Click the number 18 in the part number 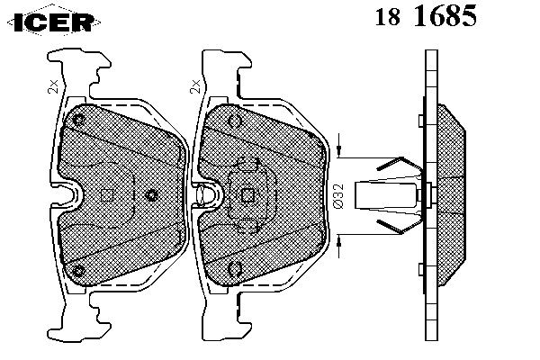pos(387,16)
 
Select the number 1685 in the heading pos(445,15)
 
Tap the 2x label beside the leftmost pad pos(53,86)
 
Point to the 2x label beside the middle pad pos(195,86)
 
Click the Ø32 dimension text pos(339,196)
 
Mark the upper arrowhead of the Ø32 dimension pos(339,149)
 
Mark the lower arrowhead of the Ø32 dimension pos(339,242)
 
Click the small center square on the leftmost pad pos(107,195)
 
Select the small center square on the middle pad pos(247,195)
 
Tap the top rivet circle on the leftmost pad pos(79,120)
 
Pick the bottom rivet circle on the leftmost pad pos(79,270)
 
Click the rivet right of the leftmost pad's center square pos(151,195)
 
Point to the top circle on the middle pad pos(235,121)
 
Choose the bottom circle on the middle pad pos(235,269)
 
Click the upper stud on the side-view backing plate pos(421,121)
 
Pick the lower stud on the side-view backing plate pos(421,269)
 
